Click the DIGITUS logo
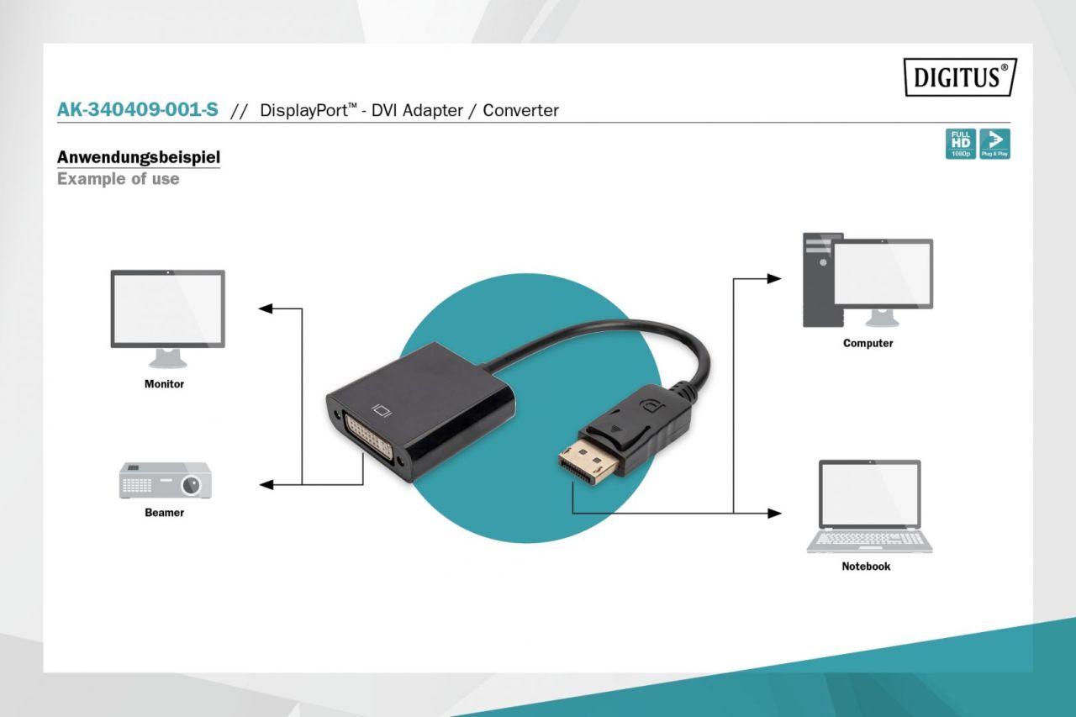click(x=960, y=77)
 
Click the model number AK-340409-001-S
click(x=138, y=110)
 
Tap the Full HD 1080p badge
click(x=960, y=144)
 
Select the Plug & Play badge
click(x=994, y=144)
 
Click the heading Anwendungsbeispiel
click(x=139, y=157)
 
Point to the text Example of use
click(x=118, y=179)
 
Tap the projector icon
click(x=166, y=480)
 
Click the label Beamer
click(x=164, y=513)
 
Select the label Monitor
click(x=164, y=384)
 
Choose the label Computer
click(x=868, y=344)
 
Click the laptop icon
click(x=869, y=505)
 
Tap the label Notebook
click(x=866, y=567)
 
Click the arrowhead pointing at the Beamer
click(x=266, y=485)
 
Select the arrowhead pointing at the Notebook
click(x=775, y=513)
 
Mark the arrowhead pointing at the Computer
click(x=775, y=278)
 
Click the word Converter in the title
click(x=520, y=110)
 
